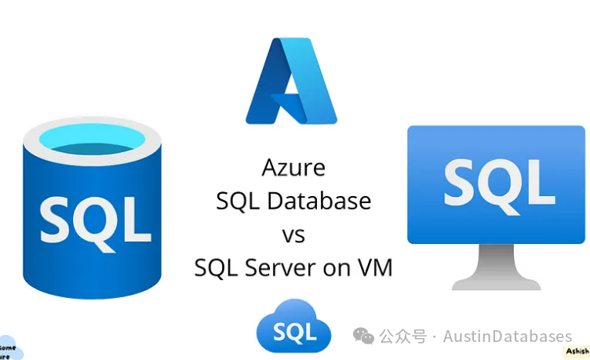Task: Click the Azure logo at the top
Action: [x=291, y=82]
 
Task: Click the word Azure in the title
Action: [x=293, y=167]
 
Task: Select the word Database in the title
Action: [x=318, y=201]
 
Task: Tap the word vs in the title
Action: [x=293, y=234]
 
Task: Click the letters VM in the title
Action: [x=373, y=267]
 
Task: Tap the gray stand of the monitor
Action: [x=496, y=267]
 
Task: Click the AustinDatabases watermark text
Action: [x=507, y=336]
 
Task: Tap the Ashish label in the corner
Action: [x=577, y=352]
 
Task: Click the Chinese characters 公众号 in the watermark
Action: [x=403, y=336]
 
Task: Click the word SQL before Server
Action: [x=217, y=267]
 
